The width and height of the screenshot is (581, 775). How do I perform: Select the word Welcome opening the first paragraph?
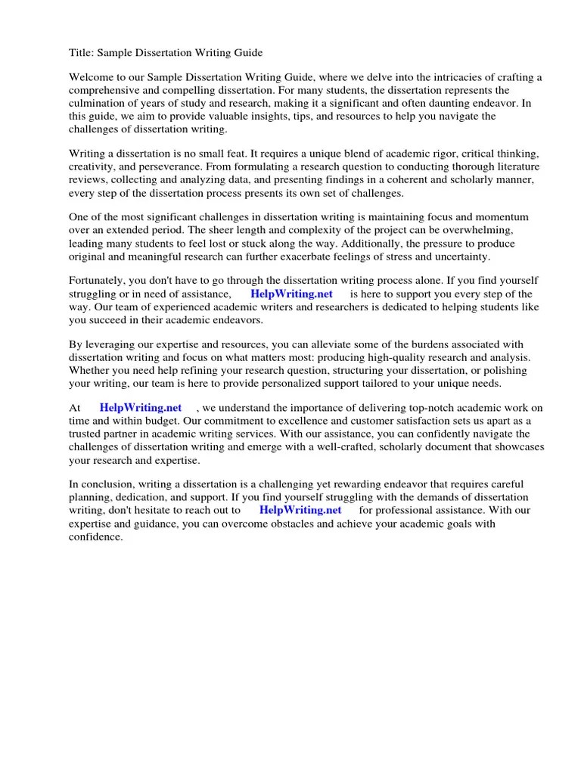pos(94,78)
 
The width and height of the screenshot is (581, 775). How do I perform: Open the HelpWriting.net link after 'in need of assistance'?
pos(291,294)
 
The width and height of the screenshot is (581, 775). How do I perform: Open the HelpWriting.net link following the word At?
pos(141,408)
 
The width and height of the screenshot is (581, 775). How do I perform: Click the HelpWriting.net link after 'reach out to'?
pos(300,510)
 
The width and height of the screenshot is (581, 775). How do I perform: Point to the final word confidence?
pos(95,537)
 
